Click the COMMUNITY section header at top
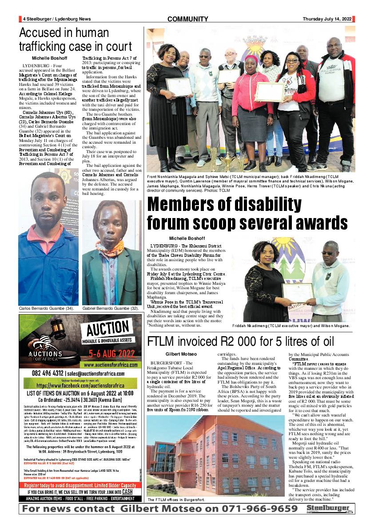[187, 19]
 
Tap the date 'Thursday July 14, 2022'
[327, 19]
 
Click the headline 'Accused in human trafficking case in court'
[64, 40]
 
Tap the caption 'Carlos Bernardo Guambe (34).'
[46, 308]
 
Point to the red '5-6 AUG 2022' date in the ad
[111, 354]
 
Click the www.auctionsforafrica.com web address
[111, 364]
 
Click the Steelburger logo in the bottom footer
[329, 509]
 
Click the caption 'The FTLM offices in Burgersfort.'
[176, 500]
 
